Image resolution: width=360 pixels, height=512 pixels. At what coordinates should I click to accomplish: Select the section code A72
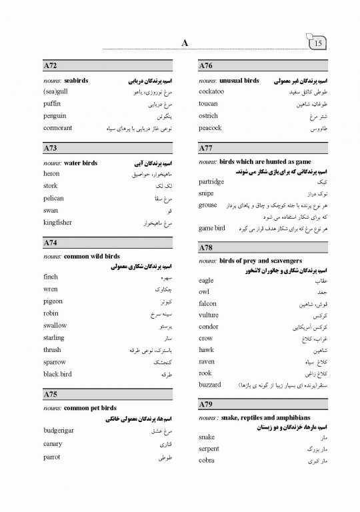[50, 66]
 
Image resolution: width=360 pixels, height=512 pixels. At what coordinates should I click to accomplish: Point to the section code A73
[50, 148]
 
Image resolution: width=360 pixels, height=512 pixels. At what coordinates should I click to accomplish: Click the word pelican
[53, 199]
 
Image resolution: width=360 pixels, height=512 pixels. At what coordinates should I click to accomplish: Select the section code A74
[50, 243]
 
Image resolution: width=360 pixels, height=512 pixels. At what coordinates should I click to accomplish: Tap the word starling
[54, 338]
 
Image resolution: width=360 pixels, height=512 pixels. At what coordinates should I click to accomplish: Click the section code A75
[50, 395]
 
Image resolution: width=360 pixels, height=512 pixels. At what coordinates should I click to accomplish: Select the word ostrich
[209, 116]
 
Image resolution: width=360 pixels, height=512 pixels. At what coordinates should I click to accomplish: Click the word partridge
[211, 181]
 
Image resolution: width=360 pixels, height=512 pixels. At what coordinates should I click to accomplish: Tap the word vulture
[209, 315]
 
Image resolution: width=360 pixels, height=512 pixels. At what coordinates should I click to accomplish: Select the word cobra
[207, 461]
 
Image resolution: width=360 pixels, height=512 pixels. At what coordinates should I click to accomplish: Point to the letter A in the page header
[185, 43]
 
